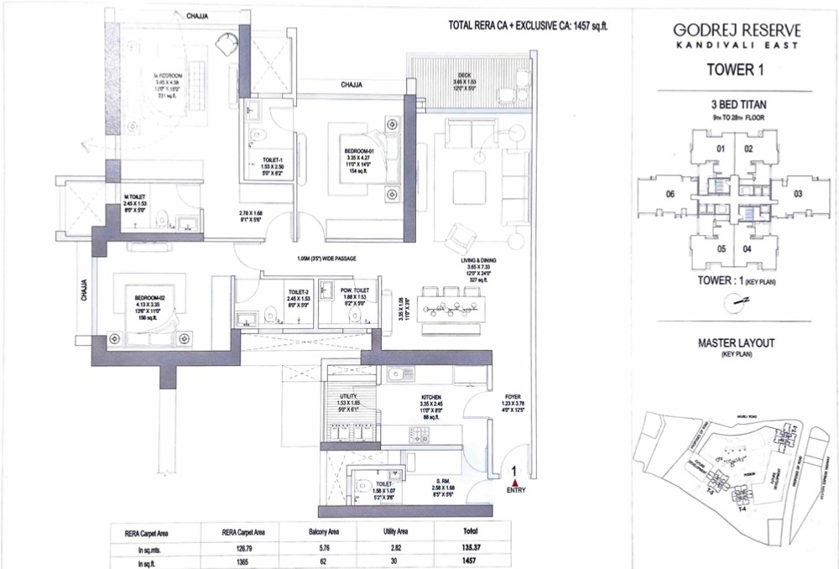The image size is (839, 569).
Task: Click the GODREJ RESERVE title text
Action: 736,30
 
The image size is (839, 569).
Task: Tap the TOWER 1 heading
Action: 736,71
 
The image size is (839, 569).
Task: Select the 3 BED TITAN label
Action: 735,105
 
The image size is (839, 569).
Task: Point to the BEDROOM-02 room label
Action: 145,297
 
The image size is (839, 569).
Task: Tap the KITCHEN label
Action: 431,394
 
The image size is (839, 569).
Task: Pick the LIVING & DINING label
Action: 481,261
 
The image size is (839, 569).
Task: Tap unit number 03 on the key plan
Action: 798,194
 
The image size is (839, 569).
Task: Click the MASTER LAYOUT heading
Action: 735,343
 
